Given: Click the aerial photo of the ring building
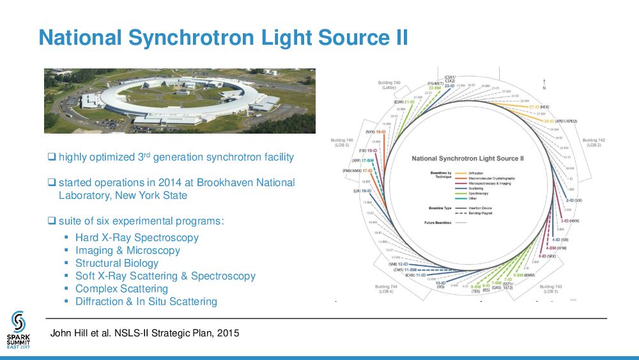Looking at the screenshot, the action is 180,100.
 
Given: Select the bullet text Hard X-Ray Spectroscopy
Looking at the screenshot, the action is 137,238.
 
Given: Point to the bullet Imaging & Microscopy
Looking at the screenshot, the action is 128,251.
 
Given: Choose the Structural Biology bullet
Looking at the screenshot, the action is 117,263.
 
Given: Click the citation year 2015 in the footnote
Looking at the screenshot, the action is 227,333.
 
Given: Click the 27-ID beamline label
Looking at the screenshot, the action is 530,107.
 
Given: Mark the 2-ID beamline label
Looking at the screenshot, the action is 569,200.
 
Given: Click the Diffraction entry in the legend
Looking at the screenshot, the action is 475,173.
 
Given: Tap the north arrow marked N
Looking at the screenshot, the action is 544,84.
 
